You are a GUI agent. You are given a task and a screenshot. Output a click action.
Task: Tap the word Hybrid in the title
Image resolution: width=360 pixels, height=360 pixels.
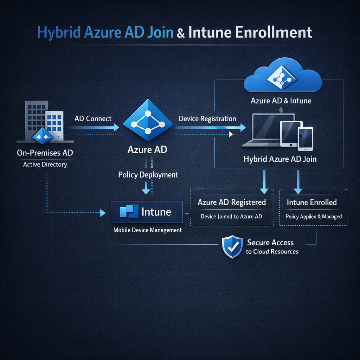[59, 32]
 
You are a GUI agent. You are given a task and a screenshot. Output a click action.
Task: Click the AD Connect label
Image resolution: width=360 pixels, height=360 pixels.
[93, 118]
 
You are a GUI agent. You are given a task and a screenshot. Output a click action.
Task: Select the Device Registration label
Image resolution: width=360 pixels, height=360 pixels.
[207, 118]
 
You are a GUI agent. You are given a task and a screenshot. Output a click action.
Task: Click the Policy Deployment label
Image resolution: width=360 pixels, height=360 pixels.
[148, 175]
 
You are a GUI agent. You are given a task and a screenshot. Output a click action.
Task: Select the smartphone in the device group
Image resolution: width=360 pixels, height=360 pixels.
[305, 139]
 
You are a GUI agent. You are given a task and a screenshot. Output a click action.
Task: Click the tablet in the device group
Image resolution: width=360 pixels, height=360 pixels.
[291, 134]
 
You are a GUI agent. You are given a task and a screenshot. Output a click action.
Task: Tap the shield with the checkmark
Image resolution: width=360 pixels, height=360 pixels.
[232, 247]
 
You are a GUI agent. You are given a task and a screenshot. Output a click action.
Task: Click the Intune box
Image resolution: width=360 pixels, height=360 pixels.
[147, 212]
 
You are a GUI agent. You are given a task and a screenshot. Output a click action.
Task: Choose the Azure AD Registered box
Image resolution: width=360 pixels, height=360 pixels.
[232, 208]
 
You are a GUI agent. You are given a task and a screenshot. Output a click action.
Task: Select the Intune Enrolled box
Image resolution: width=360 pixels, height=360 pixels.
[313, 208]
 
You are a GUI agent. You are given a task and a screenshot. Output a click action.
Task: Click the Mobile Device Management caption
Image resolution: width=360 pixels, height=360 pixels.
[148, 230]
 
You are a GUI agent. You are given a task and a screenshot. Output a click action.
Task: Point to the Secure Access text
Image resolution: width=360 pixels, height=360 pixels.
[270, 243]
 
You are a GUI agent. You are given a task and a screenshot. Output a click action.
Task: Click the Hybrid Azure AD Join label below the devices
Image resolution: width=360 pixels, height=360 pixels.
[280, 159]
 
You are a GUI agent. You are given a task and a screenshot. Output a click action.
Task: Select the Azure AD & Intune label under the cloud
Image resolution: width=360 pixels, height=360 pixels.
[281, 101]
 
